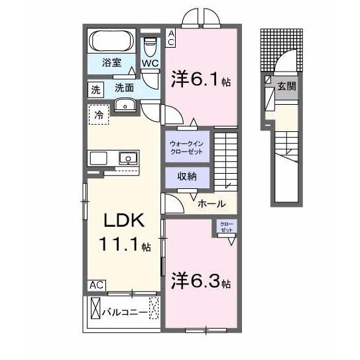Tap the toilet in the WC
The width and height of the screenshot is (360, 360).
(150, 46)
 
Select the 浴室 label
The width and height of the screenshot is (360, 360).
(111, 64)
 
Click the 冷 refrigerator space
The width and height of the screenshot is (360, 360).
(98, 113)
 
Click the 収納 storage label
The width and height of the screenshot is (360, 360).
(187, 177)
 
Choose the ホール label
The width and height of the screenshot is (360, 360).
(211, 204)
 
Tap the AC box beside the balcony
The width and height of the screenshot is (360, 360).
(96, 285)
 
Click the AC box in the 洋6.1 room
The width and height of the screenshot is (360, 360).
(171, 37)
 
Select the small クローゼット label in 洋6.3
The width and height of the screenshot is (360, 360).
(227, 227)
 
